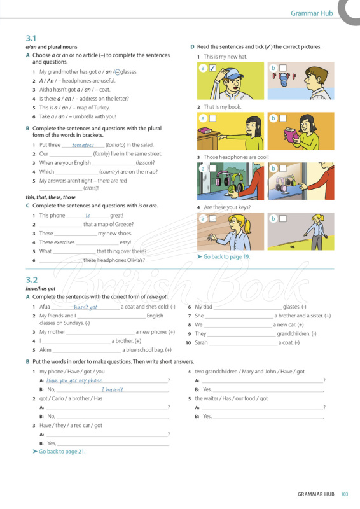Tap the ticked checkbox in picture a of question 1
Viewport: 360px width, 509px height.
[214, 67]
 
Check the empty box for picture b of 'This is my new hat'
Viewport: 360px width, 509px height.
[283, 67]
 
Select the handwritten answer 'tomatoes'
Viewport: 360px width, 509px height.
[83, 145]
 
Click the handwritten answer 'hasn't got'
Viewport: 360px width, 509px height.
[86, 307]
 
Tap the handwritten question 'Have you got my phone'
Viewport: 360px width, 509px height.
[74, 380]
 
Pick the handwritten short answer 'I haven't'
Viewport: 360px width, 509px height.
[112, 389]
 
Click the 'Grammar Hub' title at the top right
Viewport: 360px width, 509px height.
[312, 13]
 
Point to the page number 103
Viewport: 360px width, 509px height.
[345, 494]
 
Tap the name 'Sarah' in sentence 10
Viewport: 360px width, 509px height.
[201, 342]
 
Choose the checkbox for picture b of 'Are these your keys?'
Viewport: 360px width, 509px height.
[283, 219]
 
